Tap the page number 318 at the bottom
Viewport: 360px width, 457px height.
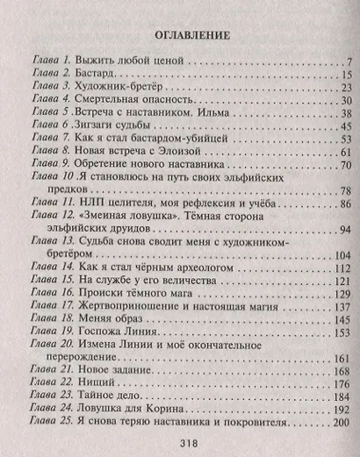coord(179,443)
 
